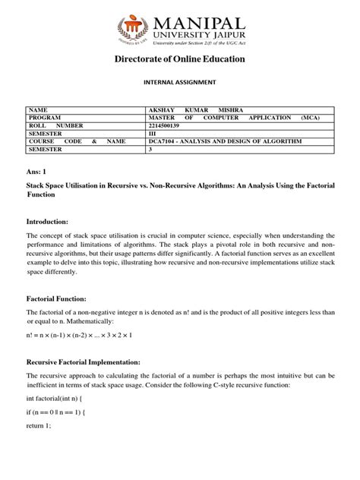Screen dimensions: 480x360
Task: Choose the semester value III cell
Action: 154,134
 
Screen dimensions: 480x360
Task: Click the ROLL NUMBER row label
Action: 56,125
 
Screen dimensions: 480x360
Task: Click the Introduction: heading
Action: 48,221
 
